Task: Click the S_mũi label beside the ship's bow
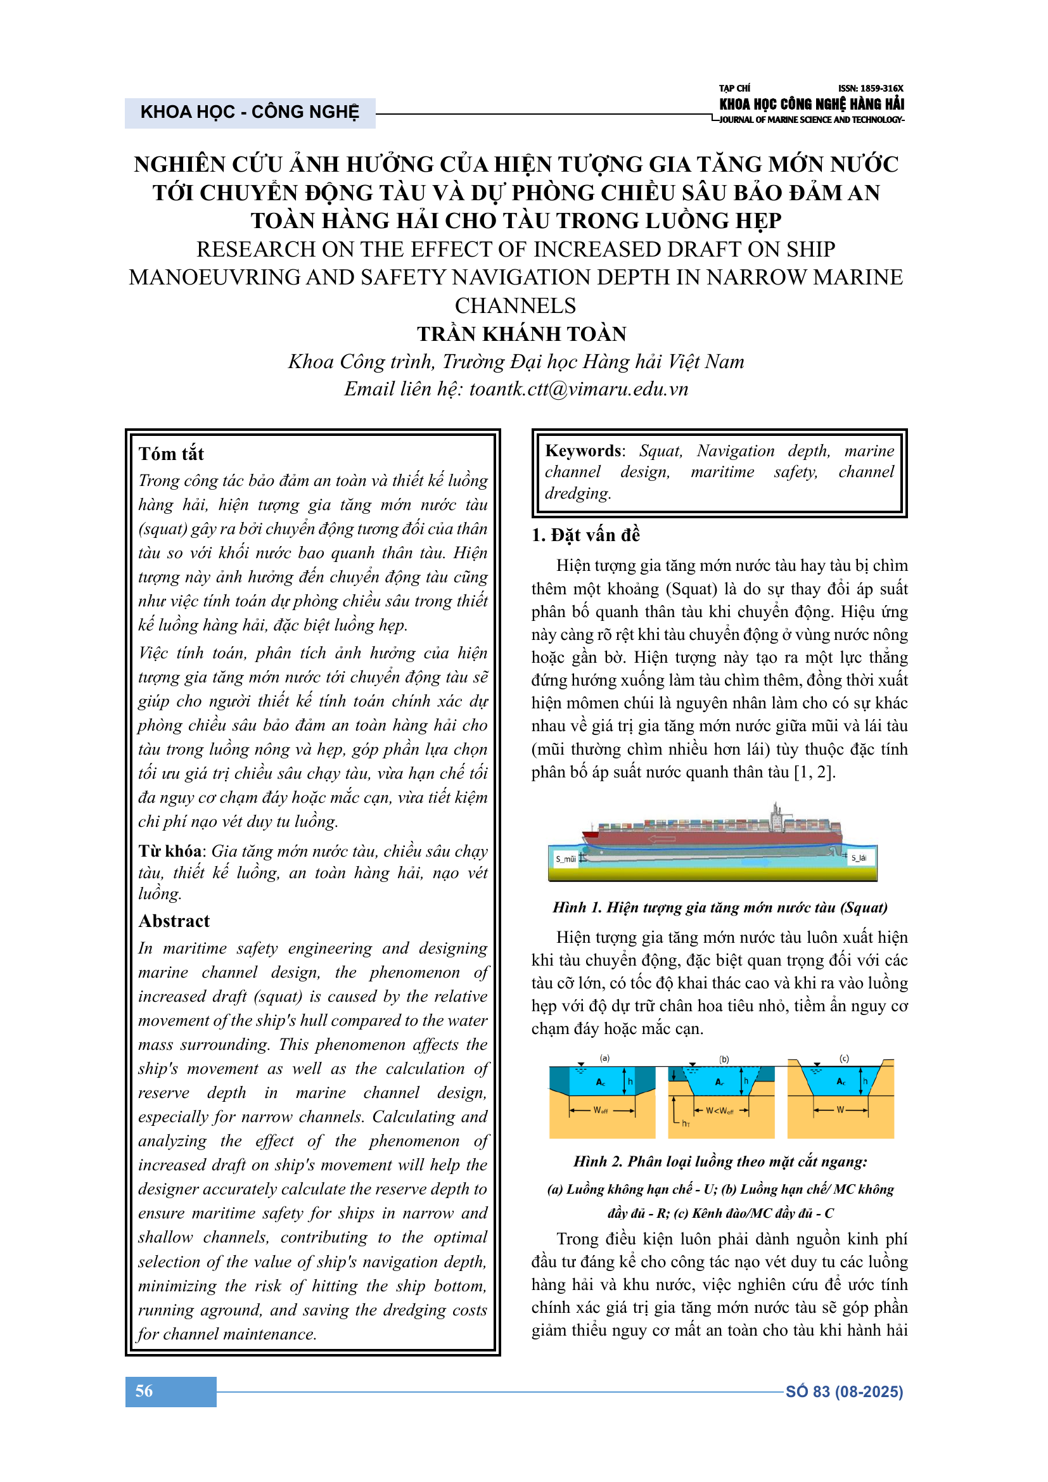coord(565,859)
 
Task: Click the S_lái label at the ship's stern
coord(859,858)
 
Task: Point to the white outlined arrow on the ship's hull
coord(661,839)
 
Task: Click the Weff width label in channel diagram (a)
coord(601,1110)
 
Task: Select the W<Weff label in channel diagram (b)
coord(720,1111)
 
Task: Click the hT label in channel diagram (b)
coord(686,1124)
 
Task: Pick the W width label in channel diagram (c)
coord(840,1110)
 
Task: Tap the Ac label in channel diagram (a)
coord(601,1082)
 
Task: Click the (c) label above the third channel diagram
coord(844,1059)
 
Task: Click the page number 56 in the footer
coord(144,1391)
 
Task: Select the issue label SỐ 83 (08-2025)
coord(844,1391)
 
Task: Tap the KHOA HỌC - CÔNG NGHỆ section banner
coord(250,112)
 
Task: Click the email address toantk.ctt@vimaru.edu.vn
coord(579,389)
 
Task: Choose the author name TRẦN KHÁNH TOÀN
coord(521,334)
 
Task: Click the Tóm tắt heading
coord(171,454)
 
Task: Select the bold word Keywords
coord(584,450)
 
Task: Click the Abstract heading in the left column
coord(174,921)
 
